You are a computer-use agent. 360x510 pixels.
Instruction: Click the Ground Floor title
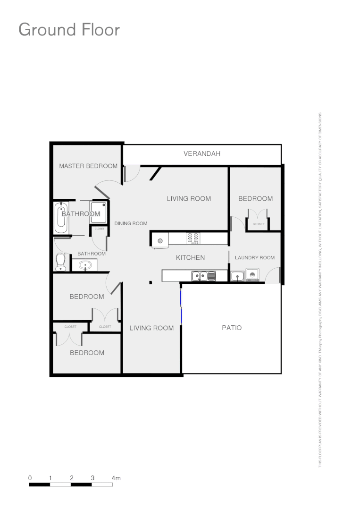pyautogui.click(x=69, y=30)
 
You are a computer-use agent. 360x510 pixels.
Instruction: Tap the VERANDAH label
pyautogui.click(x=202, y=153)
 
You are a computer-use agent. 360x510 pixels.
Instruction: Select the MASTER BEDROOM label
pyautogui.click(x=88, y=166)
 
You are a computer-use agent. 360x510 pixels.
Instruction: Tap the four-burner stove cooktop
pyautogui.click(x=193, y=238)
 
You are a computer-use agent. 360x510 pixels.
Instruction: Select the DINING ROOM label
pyautogui.click(x=131, y=223)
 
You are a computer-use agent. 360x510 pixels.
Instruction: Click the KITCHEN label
pyautogui.click(x=190, y=257)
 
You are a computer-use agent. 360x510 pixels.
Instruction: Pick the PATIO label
pyautogui.click(x=232, y=327)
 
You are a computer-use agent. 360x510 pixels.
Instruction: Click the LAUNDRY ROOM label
pyautogui.click(x=254, y=257)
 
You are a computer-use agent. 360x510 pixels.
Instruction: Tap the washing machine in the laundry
pyautogui.click(x=252, y=274)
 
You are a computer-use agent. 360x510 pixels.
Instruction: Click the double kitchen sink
pyautogui.click(x=200, y=275)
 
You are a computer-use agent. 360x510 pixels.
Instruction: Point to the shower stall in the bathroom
pyautogui.click(x=99, y=212)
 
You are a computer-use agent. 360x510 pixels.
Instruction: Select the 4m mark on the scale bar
pyautogui.click(x=116, y=478)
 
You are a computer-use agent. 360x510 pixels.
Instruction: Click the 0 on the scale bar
pyautogui.click(x=30, y=478)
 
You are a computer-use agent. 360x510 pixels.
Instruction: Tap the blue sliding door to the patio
pyautogui.click(x=181, y=306)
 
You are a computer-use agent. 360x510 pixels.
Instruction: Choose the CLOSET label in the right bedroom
pyautogui.click(x=259, y=224)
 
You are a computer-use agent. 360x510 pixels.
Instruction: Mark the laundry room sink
pyautogui.click(x=237, y=276)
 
